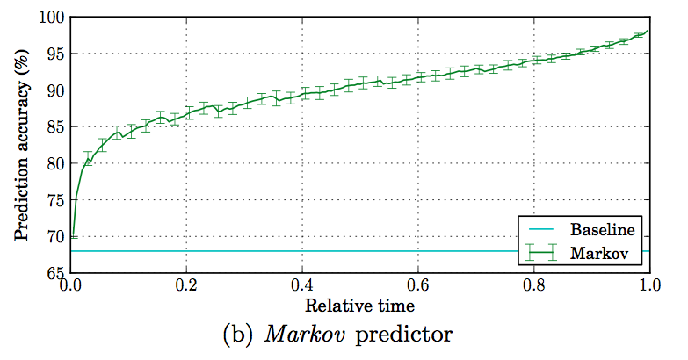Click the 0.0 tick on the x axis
pos(69,286)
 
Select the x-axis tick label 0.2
pos(185,286)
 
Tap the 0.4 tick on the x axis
pos(301,286)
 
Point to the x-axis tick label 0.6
pos(417,286)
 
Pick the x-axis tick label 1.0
pos(648,286)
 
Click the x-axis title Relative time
pos(359,306)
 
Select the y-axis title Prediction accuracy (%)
pos(21,146)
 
